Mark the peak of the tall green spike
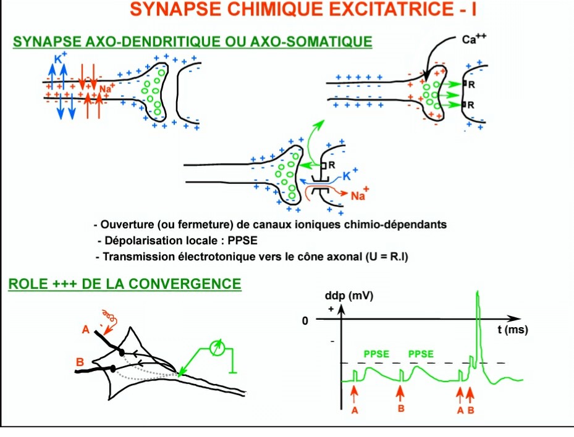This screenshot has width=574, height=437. pyautogui.click(x=477, y=293)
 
